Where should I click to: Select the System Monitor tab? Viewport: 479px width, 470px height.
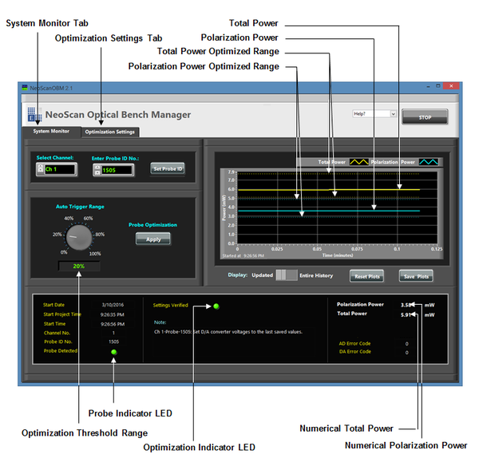pos(51,131)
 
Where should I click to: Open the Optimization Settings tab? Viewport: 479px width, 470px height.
pos(110,132)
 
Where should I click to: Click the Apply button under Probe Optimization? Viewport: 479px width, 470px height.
pos(152,239)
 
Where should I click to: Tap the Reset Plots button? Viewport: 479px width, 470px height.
pos(366,276)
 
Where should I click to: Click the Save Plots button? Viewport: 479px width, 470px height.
pos(416,276)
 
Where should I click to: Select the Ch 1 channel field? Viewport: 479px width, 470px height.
pos(60,169)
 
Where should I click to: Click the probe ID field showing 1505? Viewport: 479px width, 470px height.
pos(118,169)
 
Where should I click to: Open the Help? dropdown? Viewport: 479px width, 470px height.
pos(374,114)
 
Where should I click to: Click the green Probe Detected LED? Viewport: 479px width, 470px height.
pos(113,351)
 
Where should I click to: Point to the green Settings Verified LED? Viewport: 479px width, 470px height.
pos(216,306)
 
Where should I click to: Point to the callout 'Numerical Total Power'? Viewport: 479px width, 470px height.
pos(346,429)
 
